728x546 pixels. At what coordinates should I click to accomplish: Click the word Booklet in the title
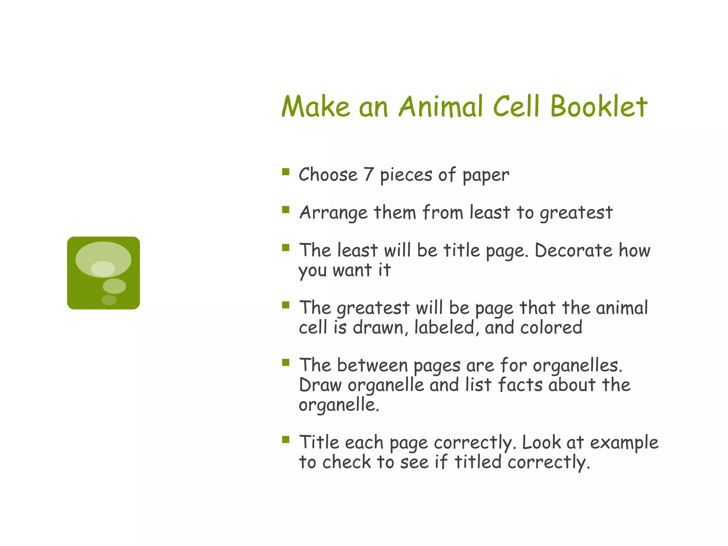pyautogui.click(x=599, y=106)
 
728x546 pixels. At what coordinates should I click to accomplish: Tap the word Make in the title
pyautogui.click(x=316, y=106)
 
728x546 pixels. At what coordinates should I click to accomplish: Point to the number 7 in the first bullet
pyautogui.click(x=368, y=175)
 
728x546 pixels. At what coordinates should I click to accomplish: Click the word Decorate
pyautogui.click(x=573, y=250)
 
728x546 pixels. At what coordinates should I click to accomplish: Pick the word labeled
pyautogui.click(x=445, y=327)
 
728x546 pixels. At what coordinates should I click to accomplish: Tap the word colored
pyautogui.click(x=551, y=327)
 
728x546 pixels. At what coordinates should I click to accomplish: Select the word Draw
pyautogui.click(x=320, y=385)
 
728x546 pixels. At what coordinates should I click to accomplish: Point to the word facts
pyautogui.click(x=520, y=385)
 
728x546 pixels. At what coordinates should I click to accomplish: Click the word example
pyautogui.click(x=624, y=443)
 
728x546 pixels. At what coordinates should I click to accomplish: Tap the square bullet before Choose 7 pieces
pyautogui.click(x=286, y=172)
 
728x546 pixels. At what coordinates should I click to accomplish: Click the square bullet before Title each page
pyautogui.click(x=286, y=440)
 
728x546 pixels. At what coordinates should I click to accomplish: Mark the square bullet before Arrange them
pyautogui.click(x=286, y=210)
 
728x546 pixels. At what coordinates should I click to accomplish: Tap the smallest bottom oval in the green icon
pyautogui.click(x=109, y=300)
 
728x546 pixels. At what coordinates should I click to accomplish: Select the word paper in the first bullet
pyautogui.click(x=486, y=175)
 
